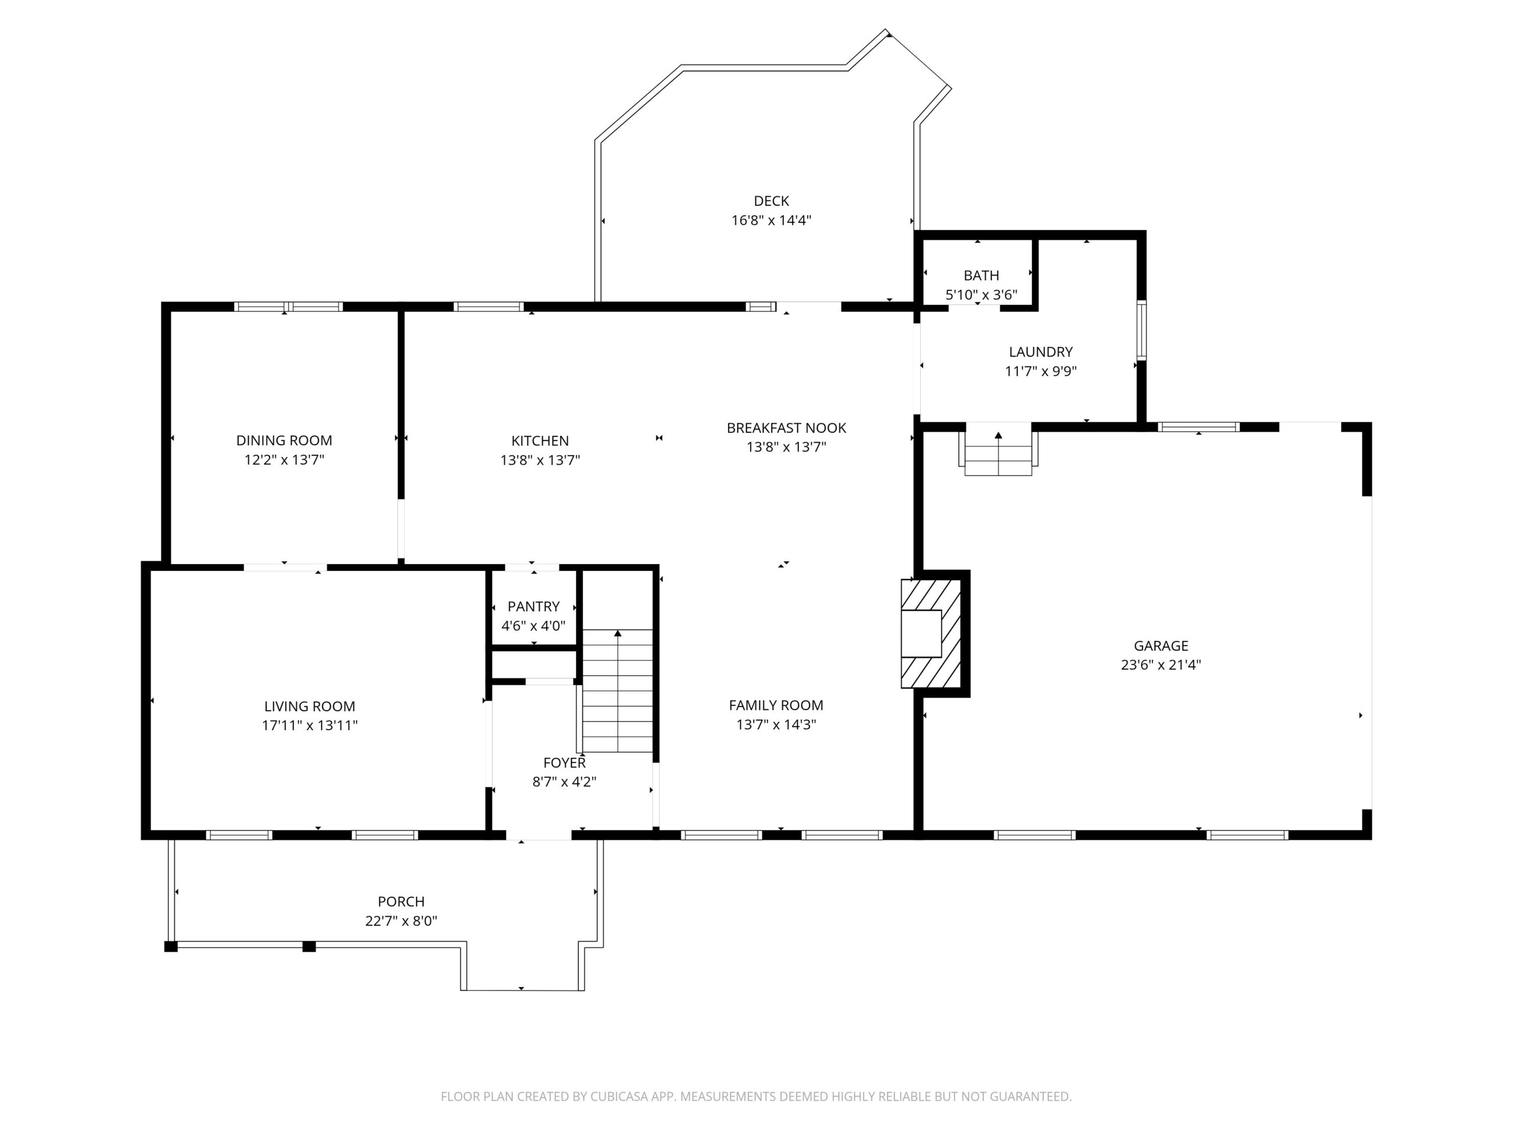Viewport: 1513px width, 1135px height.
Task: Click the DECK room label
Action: pos(771,201)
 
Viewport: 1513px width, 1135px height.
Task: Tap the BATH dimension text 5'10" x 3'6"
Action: pos(981,295)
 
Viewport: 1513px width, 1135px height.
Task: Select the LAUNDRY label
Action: pos(1040,352)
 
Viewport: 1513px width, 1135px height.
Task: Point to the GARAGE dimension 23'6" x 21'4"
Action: pos(1161,664)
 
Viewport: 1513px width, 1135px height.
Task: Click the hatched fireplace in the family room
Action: pos(931,634)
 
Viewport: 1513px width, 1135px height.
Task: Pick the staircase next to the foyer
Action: pos(618,691)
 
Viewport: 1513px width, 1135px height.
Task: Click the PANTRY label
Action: pos(534,606)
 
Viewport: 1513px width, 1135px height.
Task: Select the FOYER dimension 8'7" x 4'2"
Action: pos(564,781)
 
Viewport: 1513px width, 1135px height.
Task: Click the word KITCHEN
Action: pos(540,440)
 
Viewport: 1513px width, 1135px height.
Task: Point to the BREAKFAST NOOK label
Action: pos(786,427)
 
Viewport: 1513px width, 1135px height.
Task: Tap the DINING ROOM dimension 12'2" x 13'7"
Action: pos(284,460)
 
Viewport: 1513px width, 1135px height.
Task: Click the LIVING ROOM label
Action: pos(309,706)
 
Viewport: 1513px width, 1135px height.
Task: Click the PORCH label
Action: pos(401,901)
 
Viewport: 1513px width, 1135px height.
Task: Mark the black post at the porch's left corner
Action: pos(171,947)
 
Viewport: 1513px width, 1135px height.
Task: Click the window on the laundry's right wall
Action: pos(1141,330)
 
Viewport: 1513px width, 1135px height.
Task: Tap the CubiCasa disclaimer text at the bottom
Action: pos(756,1097)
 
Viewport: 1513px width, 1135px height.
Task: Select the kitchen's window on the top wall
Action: pos(488,306)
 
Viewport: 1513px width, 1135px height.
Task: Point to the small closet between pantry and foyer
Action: pos(534,664)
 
